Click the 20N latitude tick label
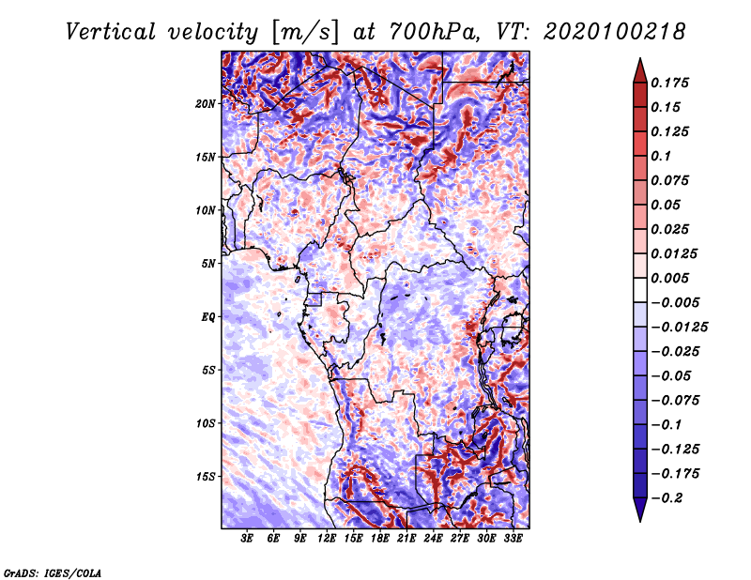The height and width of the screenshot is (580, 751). pyautogui.click(x=206, y=104)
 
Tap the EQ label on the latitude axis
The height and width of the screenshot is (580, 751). pyautogui.click(x=207, y=317)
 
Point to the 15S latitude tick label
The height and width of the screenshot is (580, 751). pyautogui.click(x=206, y=477)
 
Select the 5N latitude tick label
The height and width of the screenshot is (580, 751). pyautogui.click(x=208, y=264)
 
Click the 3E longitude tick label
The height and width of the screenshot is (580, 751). pyautogui.click(x=247, y=539)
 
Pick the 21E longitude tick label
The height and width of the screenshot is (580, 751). pyautogui.click(x=406, y=539)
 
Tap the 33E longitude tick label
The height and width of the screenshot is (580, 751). pyautogui.click(x=513, y=539)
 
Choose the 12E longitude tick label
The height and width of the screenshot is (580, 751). pyautogui.click(x=327, y=539)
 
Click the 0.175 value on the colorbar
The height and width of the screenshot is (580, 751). pyautogui.click(x=669, y=83)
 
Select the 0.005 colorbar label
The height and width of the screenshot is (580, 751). pyautogui.click(x=669, y=278)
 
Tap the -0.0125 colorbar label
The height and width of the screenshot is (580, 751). pyautogui.click(x=679, y=328)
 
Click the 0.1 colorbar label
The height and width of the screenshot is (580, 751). pyautogui.click(x=661, y=156)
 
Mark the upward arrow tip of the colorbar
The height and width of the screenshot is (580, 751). pyautogui.click(x=640, y=58)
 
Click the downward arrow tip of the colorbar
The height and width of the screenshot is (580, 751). pyautogui.click(x=640, y=521)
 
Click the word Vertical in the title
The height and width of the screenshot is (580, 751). pyautogui.click(x=111, y=33)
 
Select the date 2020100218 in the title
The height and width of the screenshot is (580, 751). pyautogui.click(x=615, y=33)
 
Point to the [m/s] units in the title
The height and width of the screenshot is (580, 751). pyautogui.click(x=306, y=33)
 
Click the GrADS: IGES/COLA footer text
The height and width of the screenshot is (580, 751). pyautogui.click(x=53, y=573)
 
